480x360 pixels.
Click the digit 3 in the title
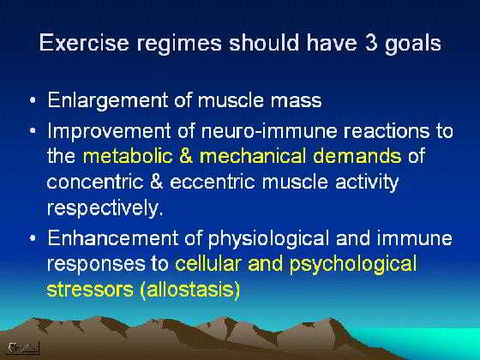[x=371, y=42]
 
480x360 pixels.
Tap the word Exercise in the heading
[x=84, y=42]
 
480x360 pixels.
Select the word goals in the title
[x=412, y=44]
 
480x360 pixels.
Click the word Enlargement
[x=108, y=101]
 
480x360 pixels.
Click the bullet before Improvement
[x=33, y=130]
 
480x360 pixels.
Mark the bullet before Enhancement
[x=33, y=238]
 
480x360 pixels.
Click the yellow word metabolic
[x=128, y=156]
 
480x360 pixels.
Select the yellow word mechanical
[x=252, y=156]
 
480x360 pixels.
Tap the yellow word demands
[x=357, y=156]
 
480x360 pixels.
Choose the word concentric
[x=95, y=182]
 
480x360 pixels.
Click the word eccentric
[x=213, y=182]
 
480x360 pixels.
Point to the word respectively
[x=105, y=209]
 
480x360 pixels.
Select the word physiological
[x=269, y=239]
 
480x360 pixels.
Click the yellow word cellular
[x=208, y=263]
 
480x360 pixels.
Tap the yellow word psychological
[x=353, y=265]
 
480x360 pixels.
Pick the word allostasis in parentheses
[x=189, y=290]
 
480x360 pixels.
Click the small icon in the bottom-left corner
[x=23, y=348]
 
